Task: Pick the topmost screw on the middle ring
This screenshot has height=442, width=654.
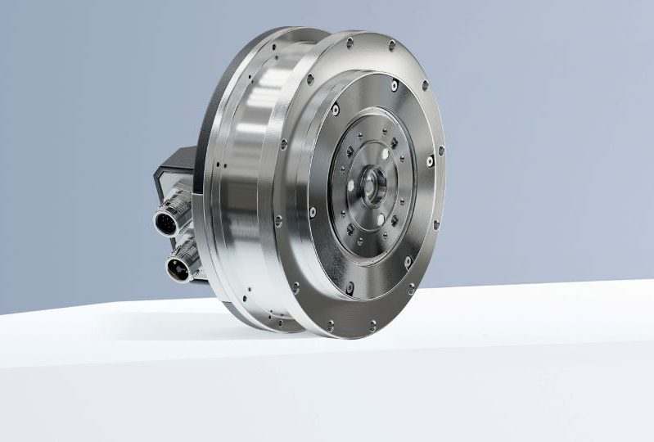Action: tap(395, 85)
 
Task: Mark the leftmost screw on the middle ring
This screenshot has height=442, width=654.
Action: tap(313, 212)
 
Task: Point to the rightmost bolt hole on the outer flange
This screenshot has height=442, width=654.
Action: tap(441, 151)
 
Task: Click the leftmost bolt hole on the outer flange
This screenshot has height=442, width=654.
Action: tap(278, 219)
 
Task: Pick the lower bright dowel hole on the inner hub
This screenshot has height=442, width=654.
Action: tap(380, 218)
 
